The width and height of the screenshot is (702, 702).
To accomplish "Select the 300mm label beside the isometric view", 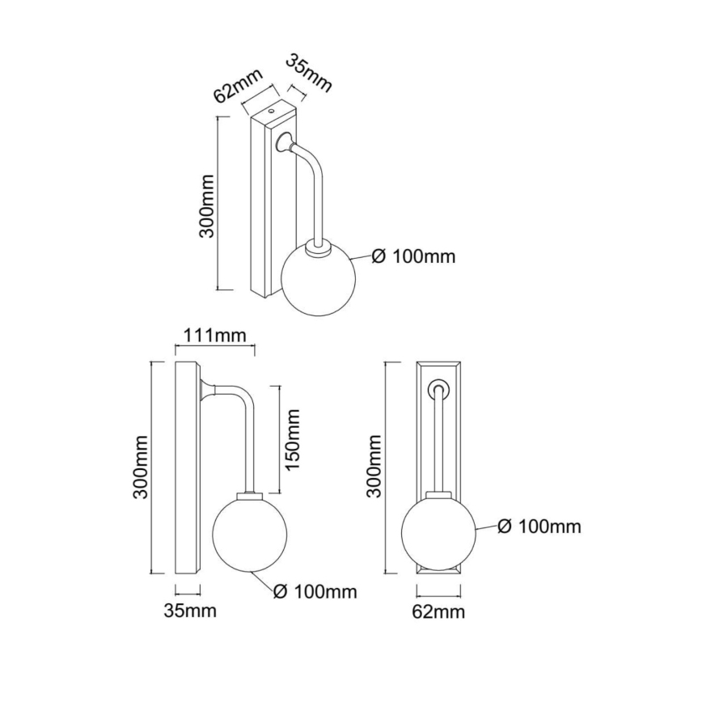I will click(207, 204).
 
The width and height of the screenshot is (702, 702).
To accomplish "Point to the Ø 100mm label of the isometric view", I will click(414, 257).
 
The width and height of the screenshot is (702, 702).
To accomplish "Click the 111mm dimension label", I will click(214, 336).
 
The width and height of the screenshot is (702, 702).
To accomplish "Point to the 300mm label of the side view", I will click(140, 469).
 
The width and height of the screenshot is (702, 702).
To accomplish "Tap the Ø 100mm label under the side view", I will click(315, 591).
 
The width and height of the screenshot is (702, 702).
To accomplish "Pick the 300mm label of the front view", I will click(374, 465).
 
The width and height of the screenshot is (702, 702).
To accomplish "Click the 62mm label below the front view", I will click(438, 611).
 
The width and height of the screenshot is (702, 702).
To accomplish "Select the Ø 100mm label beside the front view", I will click(539, 526).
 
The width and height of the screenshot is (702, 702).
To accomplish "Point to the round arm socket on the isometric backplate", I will click(284, 145).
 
